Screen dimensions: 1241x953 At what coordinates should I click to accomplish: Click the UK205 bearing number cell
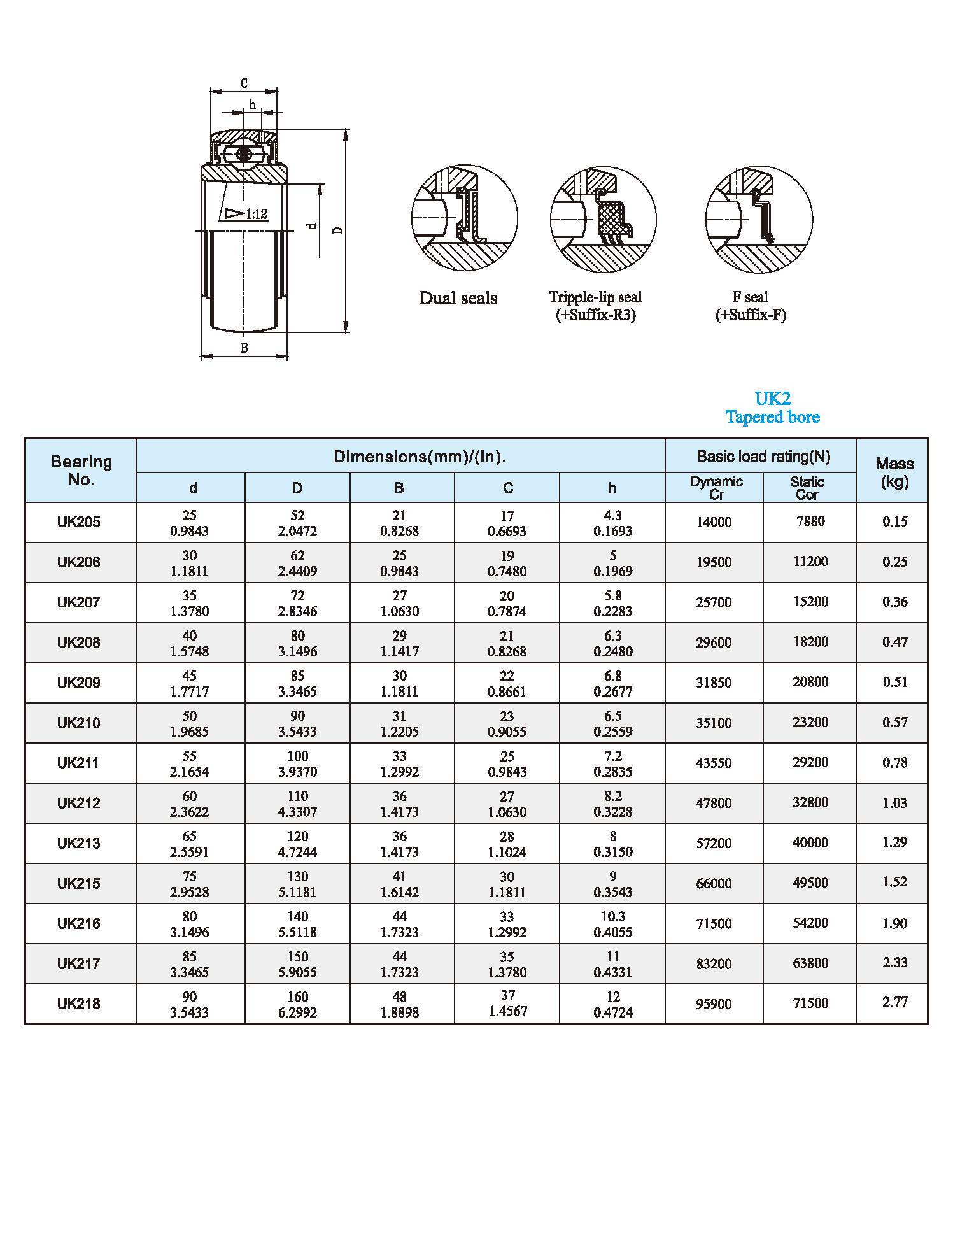[79, 522]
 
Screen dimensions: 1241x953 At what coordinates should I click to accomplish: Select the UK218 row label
[79, 1004]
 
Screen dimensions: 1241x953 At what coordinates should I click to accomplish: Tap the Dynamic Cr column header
[716, 488]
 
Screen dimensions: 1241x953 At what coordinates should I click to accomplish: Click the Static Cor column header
[807, 488]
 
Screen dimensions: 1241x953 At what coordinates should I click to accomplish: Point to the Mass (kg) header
[894, 472]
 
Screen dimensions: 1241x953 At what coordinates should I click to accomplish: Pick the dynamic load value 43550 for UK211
[714, 763]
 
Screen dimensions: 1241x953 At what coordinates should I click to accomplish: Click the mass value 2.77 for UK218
[894, 1002]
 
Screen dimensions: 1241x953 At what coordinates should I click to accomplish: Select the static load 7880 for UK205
[810, 521]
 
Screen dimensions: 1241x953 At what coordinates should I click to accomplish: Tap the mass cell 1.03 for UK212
[894, 803]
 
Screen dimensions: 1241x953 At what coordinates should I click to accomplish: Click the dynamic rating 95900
[714, 1004]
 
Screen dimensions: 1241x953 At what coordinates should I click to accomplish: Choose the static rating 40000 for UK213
[810, 842]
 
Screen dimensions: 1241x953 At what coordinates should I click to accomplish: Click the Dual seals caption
[458, 298]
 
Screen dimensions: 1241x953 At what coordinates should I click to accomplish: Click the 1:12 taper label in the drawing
[256, 214]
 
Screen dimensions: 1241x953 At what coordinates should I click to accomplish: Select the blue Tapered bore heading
[772, 417]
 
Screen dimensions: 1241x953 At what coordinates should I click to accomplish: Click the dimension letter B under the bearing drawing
[244, 348]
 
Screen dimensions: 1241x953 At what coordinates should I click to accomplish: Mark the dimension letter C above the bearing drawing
[244, 83]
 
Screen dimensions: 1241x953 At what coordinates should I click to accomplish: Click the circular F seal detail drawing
[759, 220]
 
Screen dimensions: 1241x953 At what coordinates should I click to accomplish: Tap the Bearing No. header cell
[81, 471]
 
